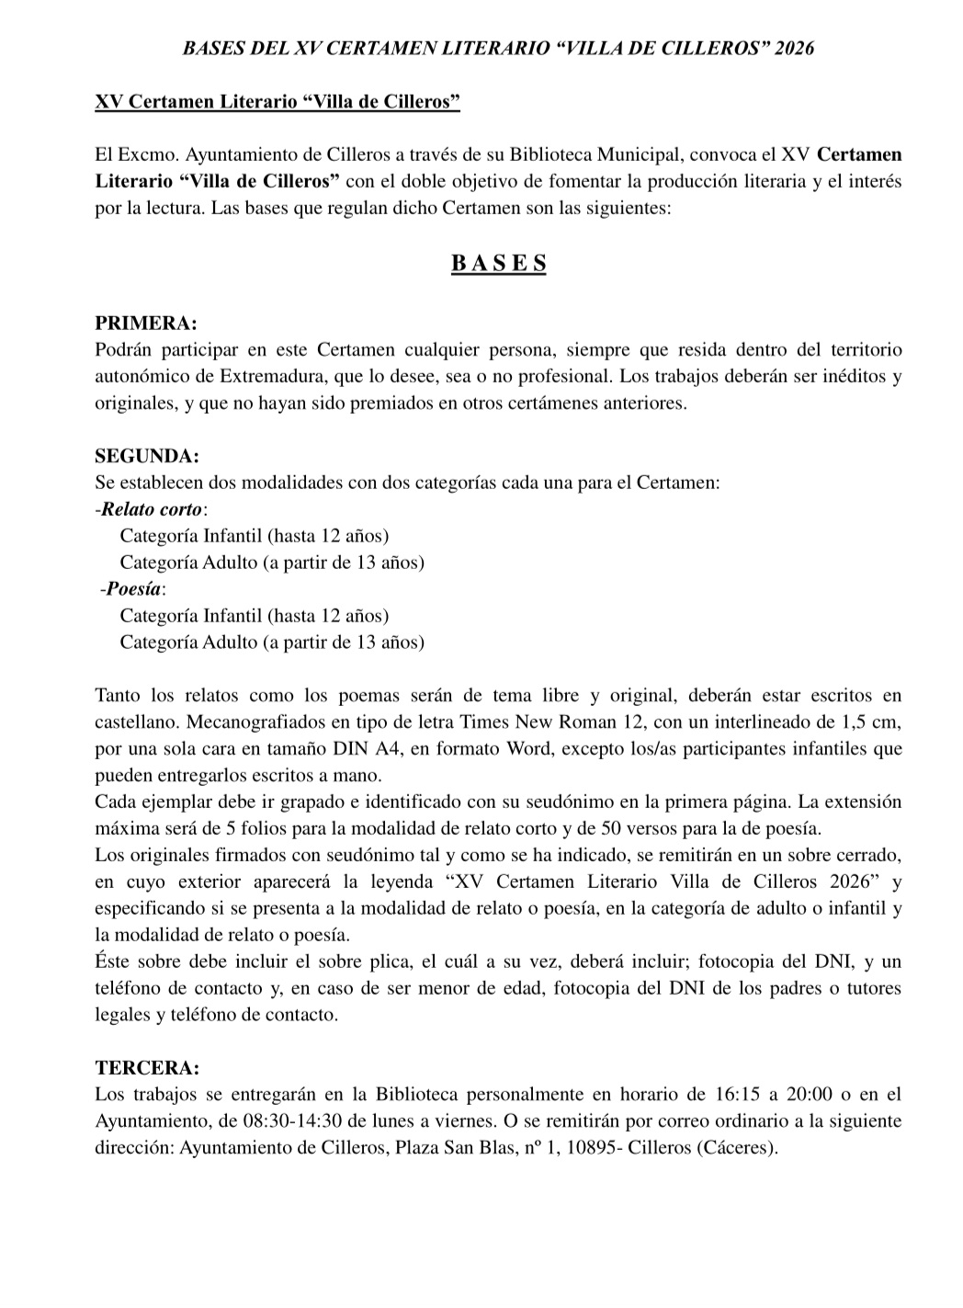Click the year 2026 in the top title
pyautogui.click(x=794, y=49)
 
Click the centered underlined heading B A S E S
pyautogui.click(x=499, y=264)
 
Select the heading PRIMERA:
pyautogui.click(x=146, y=324)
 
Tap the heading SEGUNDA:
pyautogui.click(x=147, y=456)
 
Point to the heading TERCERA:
pyautogui.click(x=147, y=1068)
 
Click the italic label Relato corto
pyautogui.click(x=152, y=509)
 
